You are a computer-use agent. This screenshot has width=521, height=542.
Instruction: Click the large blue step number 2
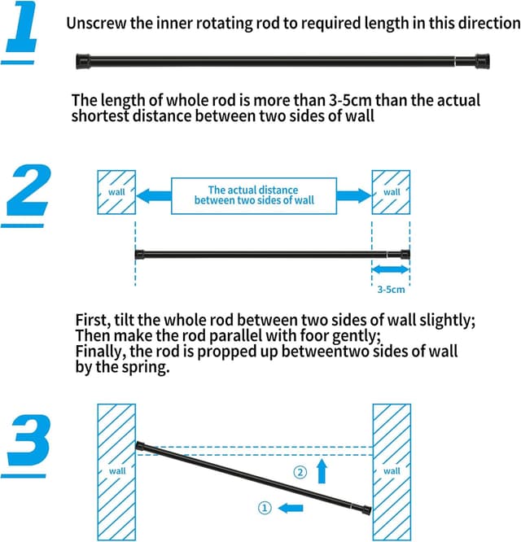click(28, 190)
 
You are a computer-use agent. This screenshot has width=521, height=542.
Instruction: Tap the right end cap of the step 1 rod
click(481, 59)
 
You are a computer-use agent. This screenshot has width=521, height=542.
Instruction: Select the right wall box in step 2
click(392, 193)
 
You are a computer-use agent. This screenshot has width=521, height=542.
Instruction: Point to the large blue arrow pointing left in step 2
click(153, 195)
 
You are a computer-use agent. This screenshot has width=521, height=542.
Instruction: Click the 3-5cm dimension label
click(391, 289)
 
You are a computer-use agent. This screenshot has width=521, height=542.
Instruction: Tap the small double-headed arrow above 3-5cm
click(391, 269)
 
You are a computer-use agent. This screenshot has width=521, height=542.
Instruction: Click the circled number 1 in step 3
click(265, 508)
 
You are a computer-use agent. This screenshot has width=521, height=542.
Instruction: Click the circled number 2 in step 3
click(300, 471)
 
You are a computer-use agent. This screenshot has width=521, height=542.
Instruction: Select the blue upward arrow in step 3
click(322, 470)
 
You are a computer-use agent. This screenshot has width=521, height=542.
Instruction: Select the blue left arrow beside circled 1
click(291, 508)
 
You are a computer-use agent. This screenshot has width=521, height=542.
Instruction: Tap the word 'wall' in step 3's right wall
click(392, 471)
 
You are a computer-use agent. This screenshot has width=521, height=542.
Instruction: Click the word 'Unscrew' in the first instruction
click(96, 22)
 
